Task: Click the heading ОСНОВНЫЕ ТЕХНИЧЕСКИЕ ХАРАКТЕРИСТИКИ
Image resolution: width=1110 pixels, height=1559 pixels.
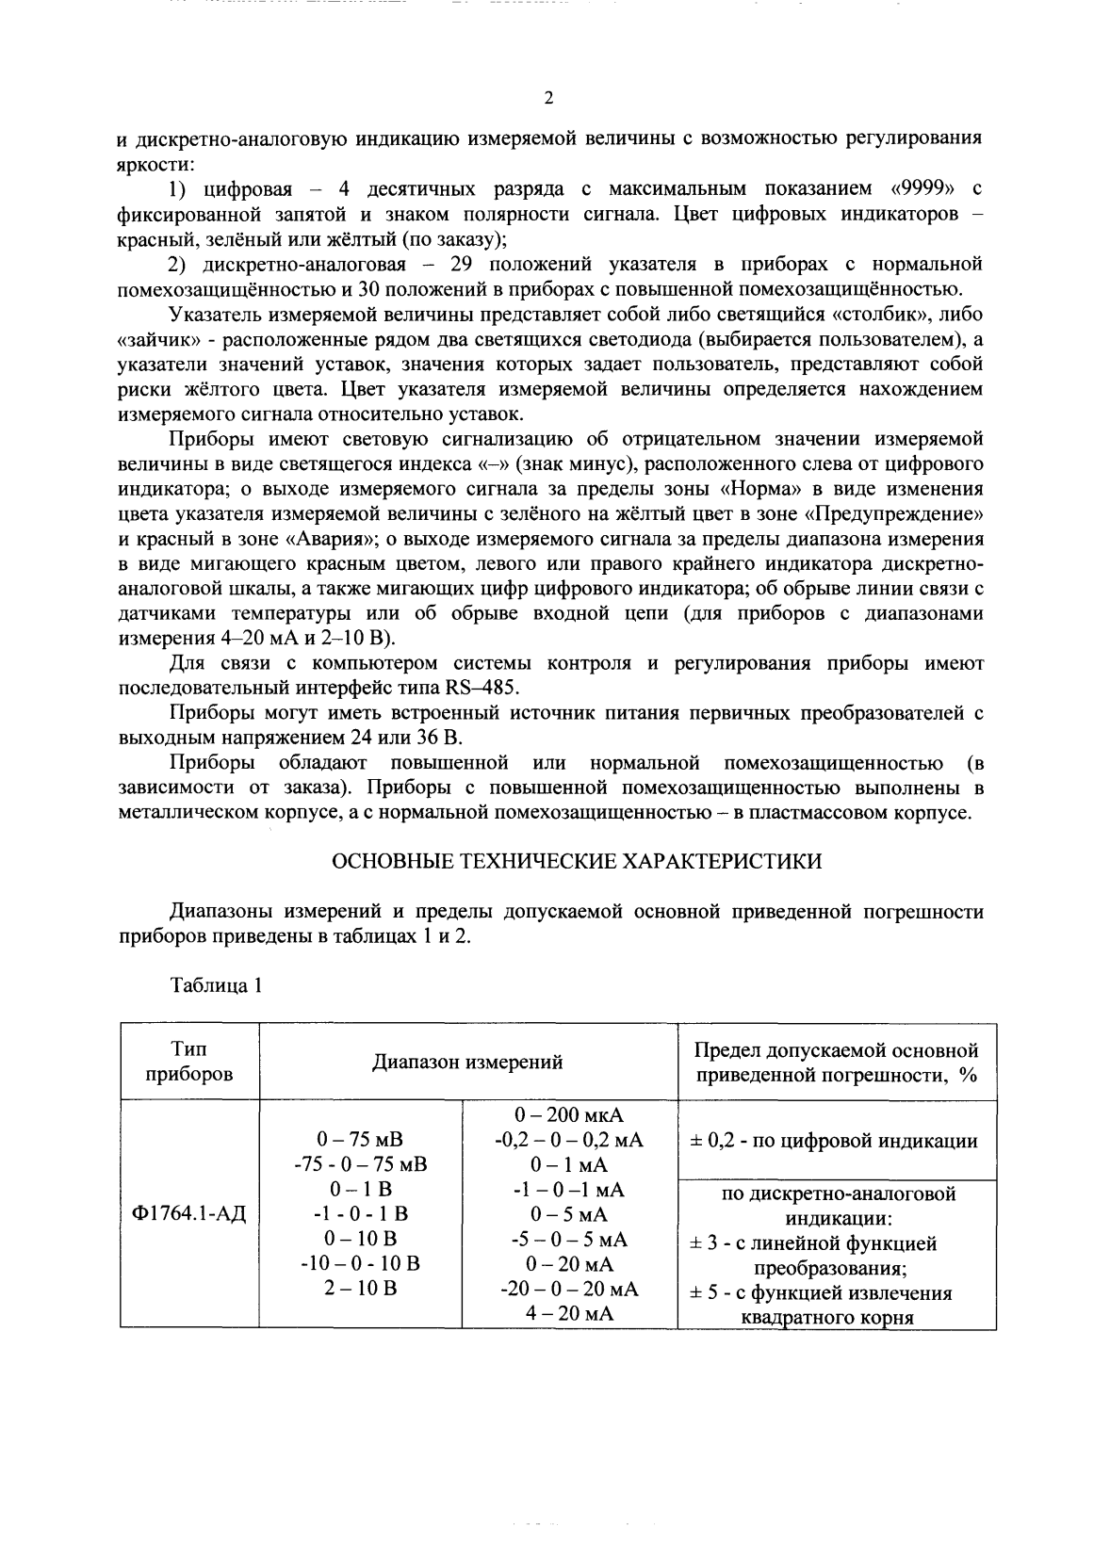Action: (x=578, y=861)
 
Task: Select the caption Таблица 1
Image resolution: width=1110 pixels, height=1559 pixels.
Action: (x=215, y=986)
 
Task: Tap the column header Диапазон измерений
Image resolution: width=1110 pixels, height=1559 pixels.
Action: (x=467, y=1062)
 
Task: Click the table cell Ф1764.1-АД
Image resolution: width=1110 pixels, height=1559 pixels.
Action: (x=189, y=1213)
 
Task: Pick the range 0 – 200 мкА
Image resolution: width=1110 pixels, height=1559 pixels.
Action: (x=569, y=1115)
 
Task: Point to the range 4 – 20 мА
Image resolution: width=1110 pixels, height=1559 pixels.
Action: (x=569, y=1313)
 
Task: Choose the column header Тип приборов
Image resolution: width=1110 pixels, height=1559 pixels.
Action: (x=189, y=1062)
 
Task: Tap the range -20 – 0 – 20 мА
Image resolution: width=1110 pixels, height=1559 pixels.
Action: (x=569, y=1289)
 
